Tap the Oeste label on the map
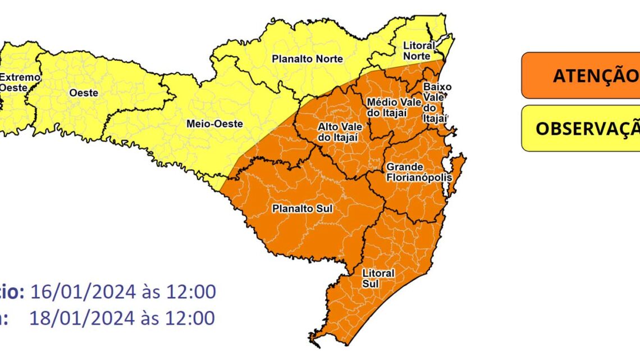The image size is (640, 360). (83, 92)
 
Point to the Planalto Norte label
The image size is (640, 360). (307, 58)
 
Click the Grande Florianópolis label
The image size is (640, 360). (418, 172)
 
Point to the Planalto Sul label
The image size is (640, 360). (302, 209)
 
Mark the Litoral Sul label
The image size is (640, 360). (378, 278)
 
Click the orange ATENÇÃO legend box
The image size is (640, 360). (580, 76)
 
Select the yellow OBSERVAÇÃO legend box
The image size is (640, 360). (580, 129)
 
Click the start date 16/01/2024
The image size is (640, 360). (83, 293)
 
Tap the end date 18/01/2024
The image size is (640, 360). (83, 318)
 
